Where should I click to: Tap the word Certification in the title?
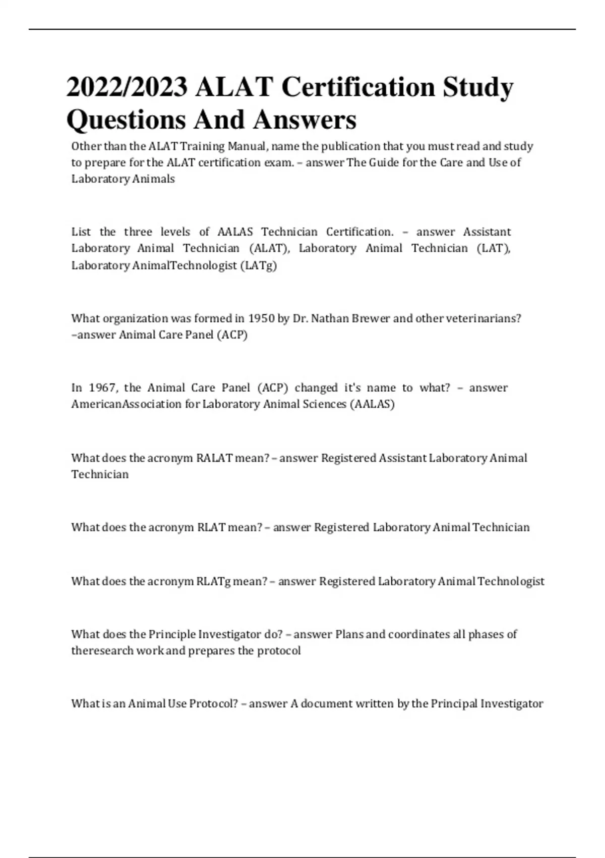point(358,87)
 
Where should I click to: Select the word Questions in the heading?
point(126,120)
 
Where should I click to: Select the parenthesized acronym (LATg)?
point(259,265)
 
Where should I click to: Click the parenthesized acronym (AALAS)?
point(372,404)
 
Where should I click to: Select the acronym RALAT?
point(214,458)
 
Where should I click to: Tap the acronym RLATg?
point(213,581)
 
